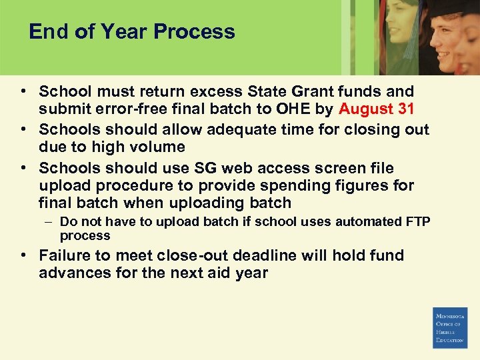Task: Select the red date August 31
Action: (377, 109)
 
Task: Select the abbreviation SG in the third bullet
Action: (176, 168)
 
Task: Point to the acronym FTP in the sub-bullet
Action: (417, 222)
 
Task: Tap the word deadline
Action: (248, 255)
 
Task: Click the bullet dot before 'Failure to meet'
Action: (23, 255)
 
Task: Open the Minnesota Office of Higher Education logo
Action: (450, 328)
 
